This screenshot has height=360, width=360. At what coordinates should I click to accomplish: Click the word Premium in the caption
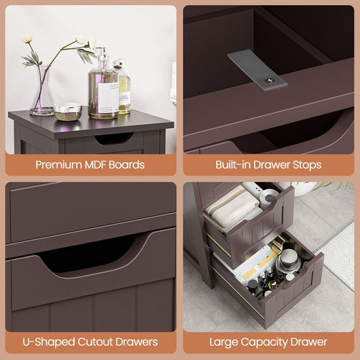coord(58,165)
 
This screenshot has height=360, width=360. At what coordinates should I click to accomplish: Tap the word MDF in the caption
coord(96,165)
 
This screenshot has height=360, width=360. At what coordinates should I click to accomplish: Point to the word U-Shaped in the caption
coord(49,342)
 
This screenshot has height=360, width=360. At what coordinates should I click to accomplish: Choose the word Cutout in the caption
coord(95,342)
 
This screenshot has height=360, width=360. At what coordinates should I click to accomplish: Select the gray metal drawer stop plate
coord(257,70)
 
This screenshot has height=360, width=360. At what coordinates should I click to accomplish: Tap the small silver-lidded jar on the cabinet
coord(68,112)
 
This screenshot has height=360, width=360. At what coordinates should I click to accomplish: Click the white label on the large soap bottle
coord(108,97)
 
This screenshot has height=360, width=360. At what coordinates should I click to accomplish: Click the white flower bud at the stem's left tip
coord(27,39)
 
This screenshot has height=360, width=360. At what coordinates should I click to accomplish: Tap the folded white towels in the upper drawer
coord(234,207)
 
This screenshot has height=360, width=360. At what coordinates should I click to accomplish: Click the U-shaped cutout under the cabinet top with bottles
coord(114,138)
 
